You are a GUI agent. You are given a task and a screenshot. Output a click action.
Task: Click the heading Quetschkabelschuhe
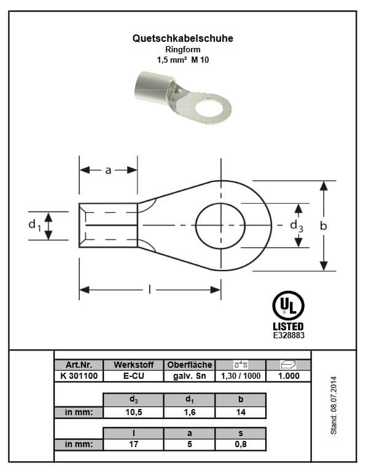click(x=183, y=38)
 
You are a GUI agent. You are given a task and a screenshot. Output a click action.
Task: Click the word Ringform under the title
click(x=183, y=49)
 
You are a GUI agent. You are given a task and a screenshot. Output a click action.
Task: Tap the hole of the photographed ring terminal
click(x=208, y=108)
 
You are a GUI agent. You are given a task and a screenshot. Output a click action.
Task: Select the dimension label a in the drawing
click(x=108, y=170)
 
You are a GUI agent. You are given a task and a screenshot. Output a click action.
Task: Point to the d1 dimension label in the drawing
click(x=34, y=225)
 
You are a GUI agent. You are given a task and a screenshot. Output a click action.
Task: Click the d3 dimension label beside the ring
click(x=297, y=226)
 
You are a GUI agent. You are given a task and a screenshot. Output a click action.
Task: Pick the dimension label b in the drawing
click(x=324, y=226)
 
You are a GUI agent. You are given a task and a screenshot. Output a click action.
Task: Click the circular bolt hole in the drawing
click(x=196, y=225)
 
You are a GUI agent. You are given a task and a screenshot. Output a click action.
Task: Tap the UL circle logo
click(x=288, y=306)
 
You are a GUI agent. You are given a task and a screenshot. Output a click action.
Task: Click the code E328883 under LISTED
click(x=289, y=335)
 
